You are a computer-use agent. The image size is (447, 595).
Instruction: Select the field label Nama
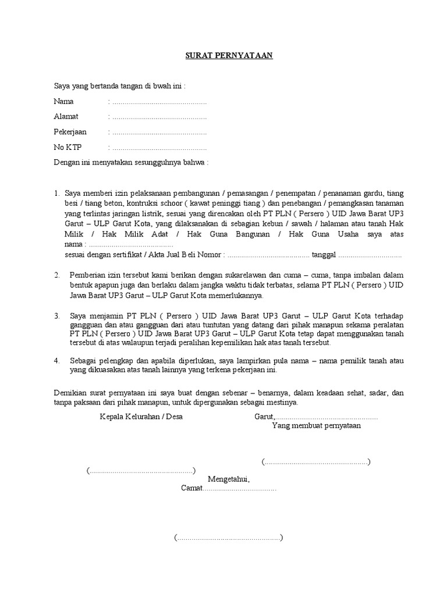[x=63, y=101]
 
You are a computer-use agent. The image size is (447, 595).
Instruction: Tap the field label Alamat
[x=66, y=116]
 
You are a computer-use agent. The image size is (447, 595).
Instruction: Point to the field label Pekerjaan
[x=70, y=132]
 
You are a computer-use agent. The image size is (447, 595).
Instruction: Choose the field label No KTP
[x=68, y=148]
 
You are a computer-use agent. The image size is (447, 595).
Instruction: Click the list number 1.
[x=56, y=193]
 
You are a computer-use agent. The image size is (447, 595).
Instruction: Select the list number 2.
[x=57, y=275]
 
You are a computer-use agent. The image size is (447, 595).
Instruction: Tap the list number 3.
[x=57, y=316]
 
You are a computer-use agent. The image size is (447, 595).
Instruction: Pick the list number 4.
[x=57, y=361]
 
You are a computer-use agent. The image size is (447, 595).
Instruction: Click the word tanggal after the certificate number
[x=324, y=255]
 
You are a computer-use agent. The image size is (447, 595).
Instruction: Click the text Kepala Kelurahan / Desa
[x=141, y=417]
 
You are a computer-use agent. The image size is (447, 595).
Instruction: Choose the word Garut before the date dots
[x=264, y=417]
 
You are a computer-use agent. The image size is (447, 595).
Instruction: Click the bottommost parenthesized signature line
[x=228, y=537]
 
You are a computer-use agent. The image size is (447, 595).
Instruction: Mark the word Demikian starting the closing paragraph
[x=69, y=393]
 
